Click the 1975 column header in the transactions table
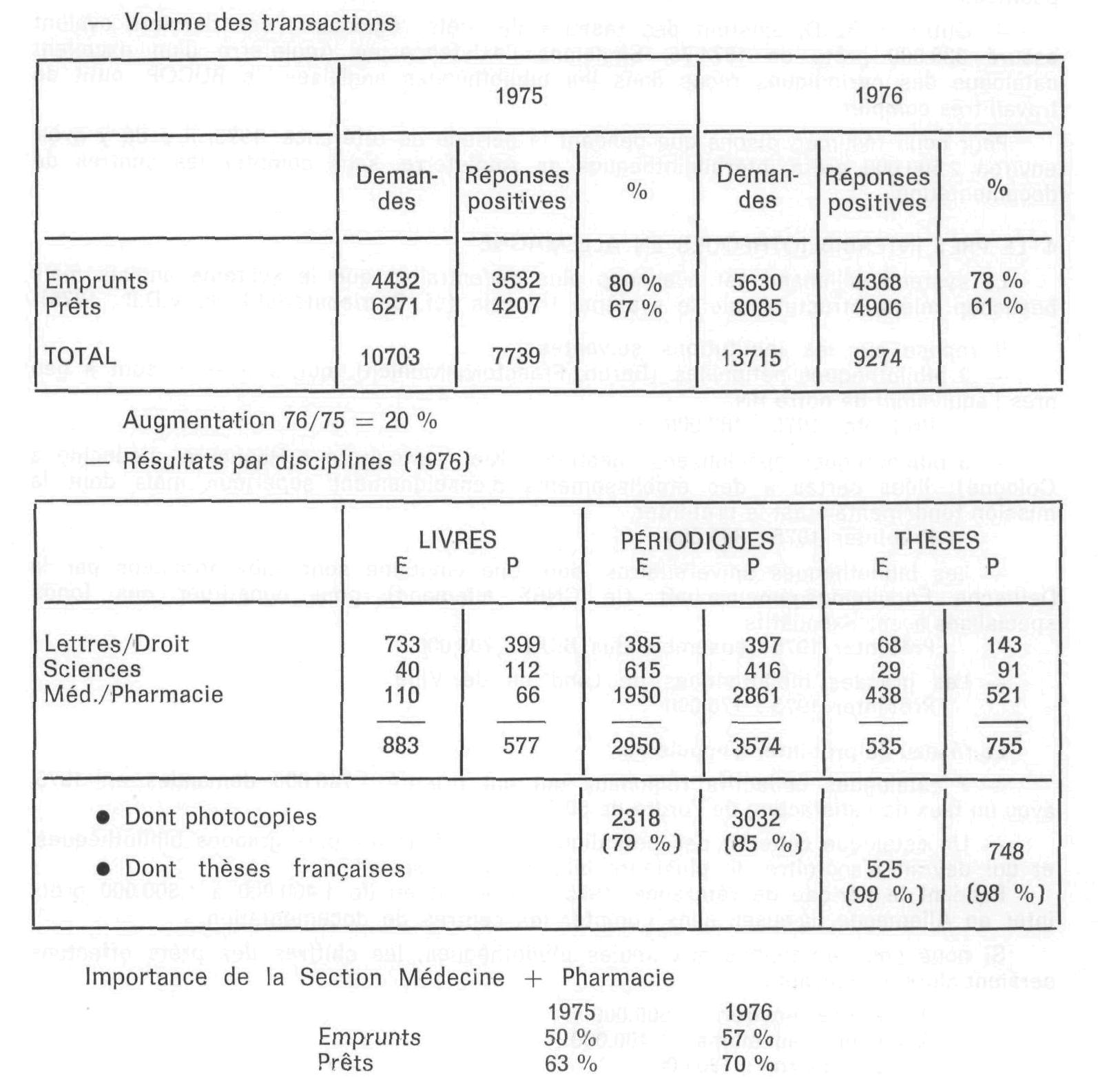click(519, 96)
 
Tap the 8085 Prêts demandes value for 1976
click(757, 307)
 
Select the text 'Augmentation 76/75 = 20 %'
click(280, 420)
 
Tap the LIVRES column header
click(457, 539)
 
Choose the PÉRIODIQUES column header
click(697, 541)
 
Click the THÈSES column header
click(938, 541)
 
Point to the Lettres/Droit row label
click(116, 644)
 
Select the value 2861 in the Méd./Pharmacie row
click(756, 695)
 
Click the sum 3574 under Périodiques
click(756, 746)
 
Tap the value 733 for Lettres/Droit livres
click(402, 644)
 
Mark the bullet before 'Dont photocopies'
click(103, 817)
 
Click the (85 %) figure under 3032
click(763, 843)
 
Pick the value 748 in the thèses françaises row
click(1006, 851)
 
